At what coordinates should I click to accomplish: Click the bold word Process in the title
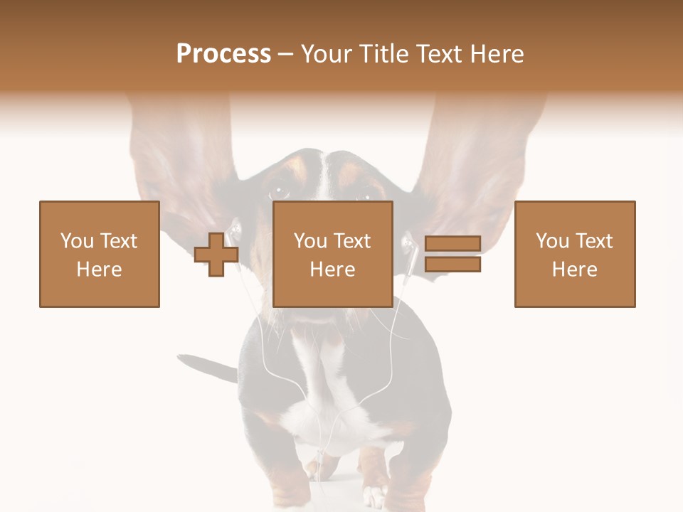click(x=223, y=53)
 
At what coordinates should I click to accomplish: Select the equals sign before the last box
click(x=452, y=254)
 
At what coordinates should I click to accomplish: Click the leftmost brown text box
click(x=100, y=254)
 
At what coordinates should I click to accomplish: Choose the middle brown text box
click(x=333, y=254)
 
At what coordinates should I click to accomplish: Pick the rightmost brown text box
click(x=575, y=254)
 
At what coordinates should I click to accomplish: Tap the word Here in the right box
click(x=575, y=270)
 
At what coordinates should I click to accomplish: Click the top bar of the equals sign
click(x=452, y=244)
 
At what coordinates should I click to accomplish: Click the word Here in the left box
click(x=100, y=270)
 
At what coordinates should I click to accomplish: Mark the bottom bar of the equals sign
click(x=452, y=265)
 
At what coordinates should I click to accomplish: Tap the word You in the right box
click(x=552, y=241)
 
